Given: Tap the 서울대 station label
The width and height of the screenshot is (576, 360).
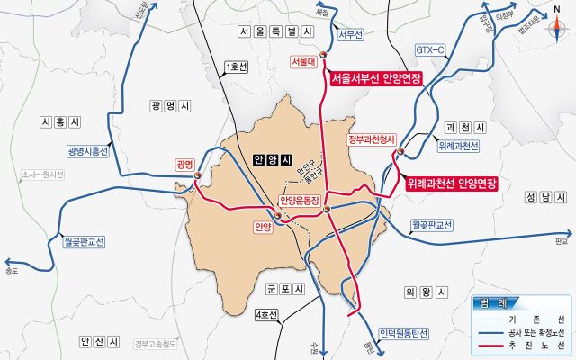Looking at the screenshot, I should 301,61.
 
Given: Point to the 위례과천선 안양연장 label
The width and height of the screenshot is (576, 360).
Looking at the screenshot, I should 453,183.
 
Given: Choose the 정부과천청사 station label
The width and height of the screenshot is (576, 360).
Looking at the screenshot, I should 371,139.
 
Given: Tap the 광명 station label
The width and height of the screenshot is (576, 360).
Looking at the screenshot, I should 185,164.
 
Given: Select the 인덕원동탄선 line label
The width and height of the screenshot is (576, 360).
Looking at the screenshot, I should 404,332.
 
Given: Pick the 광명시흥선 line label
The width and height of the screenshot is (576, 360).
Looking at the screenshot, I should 87,151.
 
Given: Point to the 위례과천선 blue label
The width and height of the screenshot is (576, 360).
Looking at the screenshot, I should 458,146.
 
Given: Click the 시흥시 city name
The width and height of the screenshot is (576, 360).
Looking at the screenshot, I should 60,121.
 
